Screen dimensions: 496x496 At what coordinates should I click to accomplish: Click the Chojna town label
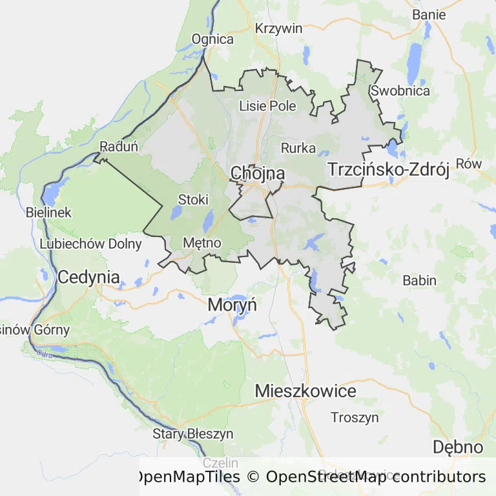tap(257, 173)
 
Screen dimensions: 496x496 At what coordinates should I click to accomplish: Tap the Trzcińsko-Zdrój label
tap(388, 170)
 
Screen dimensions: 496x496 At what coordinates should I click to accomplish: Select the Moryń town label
tap(232, 305)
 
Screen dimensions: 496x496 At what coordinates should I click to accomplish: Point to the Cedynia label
tap(88, 278)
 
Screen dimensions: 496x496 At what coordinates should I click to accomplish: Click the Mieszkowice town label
tap(305, 391)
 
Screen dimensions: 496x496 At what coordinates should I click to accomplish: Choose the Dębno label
tap(457, 447)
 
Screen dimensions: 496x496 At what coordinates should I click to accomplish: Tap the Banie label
tap(429, 14)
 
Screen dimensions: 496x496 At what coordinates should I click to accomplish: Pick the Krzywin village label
tap(279, 28)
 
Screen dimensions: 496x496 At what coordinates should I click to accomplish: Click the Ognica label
tap(212, 39)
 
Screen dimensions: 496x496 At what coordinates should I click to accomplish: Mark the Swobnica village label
tap(400, 90)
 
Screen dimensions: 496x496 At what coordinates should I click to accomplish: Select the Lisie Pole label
tap(267, 105)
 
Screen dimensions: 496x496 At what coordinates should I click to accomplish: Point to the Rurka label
tap(298, 148)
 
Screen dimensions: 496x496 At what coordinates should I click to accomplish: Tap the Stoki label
tap(193, 200)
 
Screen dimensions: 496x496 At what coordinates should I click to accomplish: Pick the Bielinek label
tap(49, 212)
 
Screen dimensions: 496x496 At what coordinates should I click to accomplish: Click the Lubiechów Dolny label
tap(90, 243)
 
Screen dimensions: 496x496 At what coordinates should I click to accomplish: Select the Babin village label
tap(419, 280)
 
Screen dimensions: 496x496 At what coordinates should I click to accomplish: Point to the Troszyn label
tap(355, 417)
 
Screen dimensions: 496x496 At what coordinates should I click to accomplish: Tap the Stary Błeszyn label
tap(192, 433)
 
